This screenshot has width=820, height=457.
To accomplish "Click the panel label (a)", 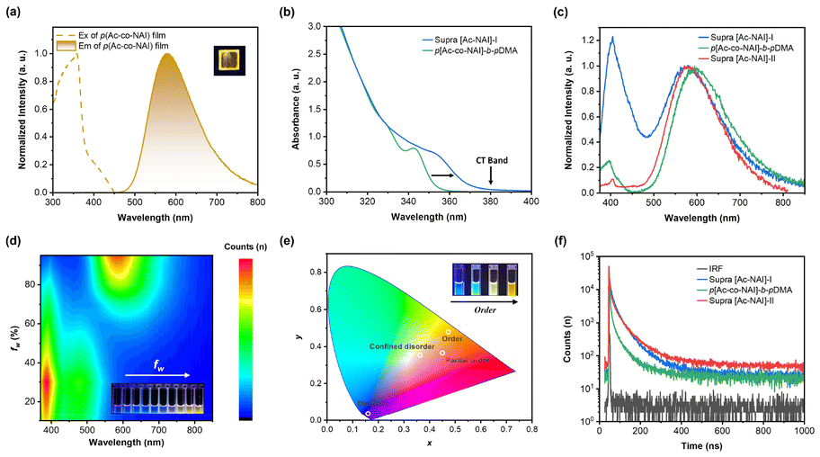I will click(15, 11).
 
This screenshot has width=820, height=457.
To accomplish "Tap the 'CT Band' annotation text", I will click(492, 160).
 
